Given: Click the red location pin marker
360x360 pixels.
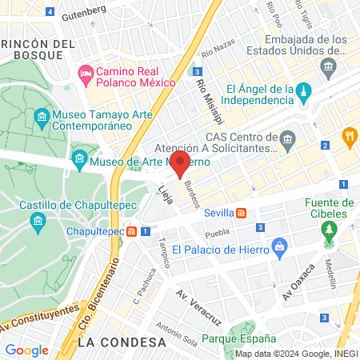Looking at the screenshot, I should [181, 163].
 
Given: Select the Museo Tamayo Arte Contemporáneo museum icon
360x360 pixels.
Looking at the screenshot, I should [42, 119].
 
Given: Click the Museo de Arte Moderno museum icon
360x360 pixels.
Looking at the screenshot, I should [79, 161].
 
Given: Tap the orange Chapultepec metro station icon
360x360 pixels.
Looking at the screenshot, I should [130, 231].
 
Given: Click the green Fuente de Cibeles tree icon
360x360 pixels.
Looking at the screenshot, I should [329, 231].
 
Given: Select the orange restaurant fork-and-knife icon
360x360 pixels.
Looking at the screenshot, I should [350, 137].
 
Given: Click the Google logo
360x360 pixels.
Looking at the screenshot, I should [26, 350].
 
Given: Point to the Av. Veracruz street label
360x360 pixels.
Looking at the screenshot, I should [198, 306].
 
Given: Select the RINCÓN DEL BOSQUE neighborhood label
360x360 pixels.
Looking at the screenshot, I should [32, 48].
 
